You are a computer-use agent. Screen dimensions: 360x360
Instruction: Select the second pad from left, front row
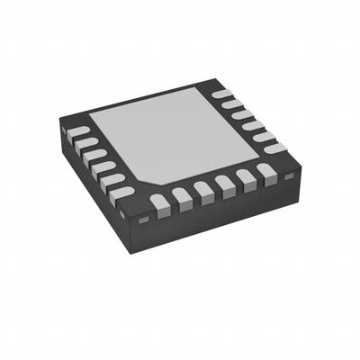[x=182, y=195]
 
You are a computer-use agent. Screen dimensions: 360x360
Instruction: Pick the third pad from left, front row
[x=202, y=189]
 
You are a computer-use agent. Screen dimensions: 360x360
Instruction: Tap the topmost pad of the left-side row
[x=79, y=131]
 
